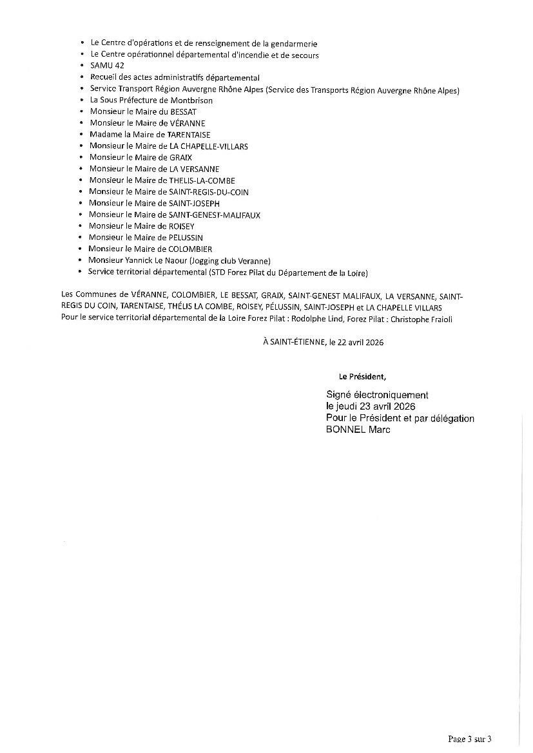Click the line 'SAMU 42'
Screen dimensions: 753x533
coord(107,66)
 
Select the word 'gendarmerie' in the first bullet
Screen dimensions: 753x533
coord(295,43)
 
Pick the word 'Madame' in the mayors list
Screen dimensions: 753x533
coord(104,134)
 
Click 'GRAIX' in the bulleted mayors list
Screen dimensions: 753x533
coord(180,157)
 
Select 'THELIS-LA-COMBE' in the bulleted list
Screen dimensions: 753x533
coord(202,180)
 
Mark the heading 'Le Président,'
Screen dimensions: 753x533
coord(363,376)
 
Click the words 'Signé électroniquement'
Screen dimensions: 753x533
coord(377,395)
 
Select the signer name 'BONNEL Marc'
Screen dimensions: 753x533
coord(358,430)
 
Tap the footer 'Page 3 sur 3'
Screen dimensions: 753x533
coord(474,739)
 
